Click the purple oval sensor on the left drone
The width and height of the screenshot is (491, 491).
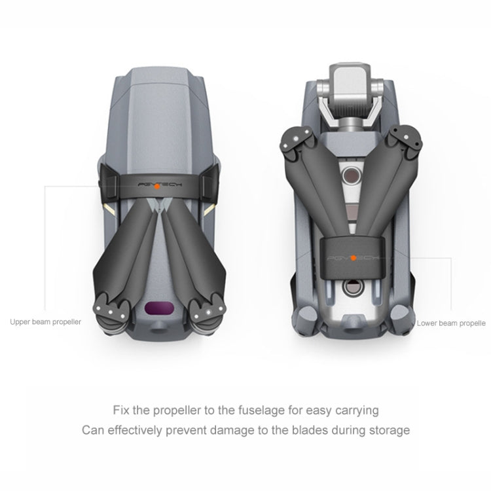(159, 308)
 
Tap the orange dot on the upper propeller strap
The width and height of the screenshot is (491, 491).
(157, 187)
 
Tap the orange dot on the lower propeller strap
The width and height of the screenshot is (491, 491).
(354, 258)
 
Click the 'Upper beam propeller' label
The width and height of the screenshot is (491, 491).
(45, 322)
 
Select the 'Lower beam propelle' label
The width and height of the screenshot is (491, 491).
(451, 323)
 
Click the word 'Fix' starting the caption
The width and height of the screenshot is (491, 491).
(121, 410)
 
